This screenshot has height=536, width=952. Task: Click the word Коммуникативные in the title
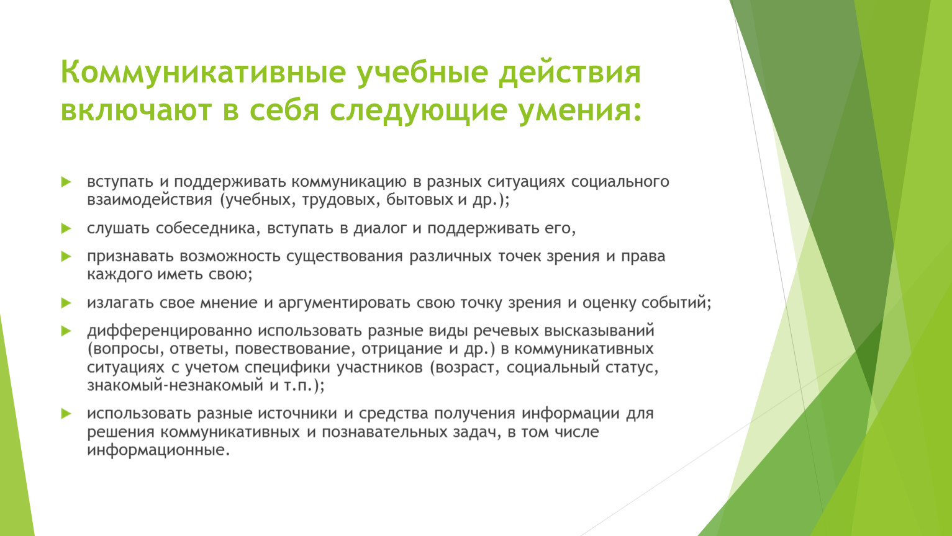coord(203,72)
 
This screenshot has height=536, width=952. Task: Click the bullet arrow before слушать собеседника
coord(66,228)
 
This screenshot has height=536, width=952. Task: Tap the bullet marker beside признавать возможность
coord(66,256)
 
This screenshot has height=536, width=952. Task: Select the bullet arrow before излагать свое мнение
coord(66,303)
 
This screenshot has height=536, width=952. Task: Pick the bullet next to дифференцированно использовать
coord(66,331)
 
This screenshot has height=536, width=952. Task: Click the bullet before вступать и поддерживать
coord(66,182)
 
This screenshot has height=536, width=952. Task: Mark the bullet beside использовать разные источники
coord(66,413)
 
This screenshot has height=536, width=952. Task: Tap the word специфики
coord(288,367)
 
